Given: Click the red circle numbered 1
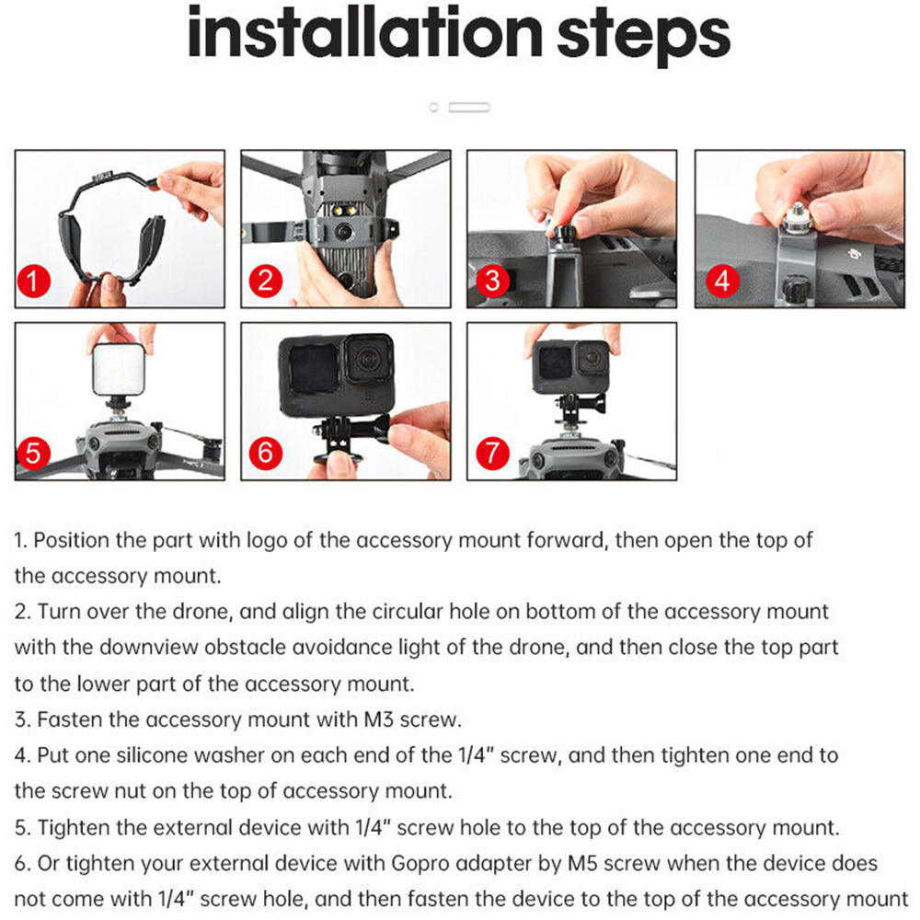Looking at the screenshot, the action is coord(34,281).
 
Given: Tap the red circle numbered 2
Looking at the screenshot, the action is coord(266,281).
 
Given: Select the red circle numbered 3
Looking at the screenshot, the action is coord(492,281).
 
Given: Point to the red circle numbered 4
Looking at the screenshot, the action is coord(722,281).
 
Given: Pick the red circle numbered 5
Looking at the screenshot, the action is coord(34,453).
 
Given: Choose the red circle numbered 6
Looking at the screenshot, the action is coord(266,453).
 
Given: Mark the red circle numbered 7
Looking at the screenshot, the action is coord(492,453).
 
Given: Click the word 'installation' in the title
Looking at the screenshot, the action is coord(364,33).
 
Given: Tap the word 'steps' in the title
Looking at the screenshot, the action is coord(644,38).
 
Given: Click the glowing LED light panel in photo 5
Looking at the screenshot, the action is coord(119,369).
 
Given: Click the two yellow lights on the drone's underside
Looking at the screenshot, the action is coord(344,210).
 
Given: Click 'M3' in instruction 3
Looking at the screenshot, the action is coord(378,719).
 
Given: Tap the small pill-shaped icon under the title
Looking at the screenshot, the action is coord(469,108).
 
